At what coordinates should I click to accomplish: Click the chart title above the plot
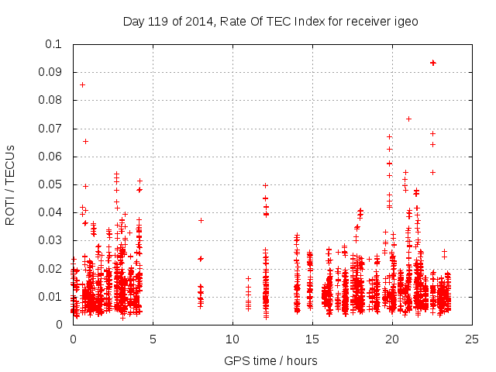pos(270,21)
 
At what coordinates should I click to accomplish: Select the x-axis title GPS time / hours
pos(270,360)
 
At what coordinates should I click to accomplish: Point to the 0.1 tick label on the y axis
pos(53,44)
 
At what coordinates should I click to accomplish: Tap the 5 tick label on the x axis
pos(153,339)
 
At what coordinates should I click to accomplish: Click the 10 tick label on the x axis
pos(232,339)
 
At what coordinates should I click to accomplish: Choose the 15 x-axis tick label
pos(312,339)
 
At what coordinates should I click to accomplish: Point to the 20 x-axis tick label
pos(392,339)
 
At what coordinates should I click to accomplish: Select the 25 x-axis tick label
pos(472,339)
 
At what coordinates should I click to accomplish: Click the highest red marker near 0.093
pos(433,63)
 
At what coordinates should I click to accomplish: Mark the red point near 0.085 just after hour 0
pos(82,84)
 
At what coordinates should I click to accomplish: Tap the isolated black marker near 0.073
pos(408,119)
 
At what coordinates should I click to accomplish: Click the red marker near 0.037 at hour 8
pos(201,220)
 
